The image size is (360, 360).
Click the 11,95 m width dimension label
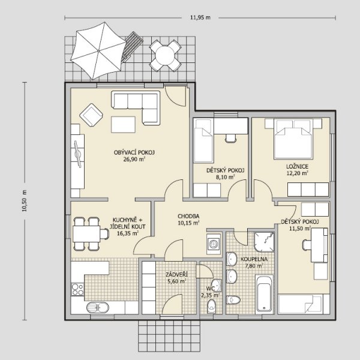200,17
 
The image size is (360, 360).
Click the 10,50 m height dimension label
25,200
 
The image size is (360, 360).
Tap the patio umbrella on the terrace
98,51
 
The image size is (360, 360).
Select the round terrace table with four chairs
165,55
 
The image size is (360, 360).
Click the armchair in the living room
91,115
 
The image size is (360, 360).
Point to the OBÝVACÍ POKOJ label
134,152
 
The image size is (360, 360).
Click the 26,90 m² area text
134,159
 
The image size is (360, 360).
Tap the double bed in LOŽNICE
293,139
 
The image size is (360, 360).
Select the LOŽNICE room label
297,166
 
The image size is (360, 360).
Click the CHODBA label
188,216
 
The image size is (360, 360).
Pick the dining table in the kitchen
86,233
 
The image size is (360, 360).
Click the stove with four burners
77,289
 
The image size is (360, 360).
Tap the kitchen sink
98,307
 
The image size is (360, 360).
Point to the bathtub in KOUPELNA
264,293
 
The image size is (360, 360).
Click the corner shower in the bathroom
264,242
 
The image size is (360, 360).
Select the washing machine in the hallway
214,244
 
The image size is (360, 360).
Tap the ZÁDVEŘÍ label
176,274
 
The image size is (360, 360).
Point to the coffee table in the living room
123,125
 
